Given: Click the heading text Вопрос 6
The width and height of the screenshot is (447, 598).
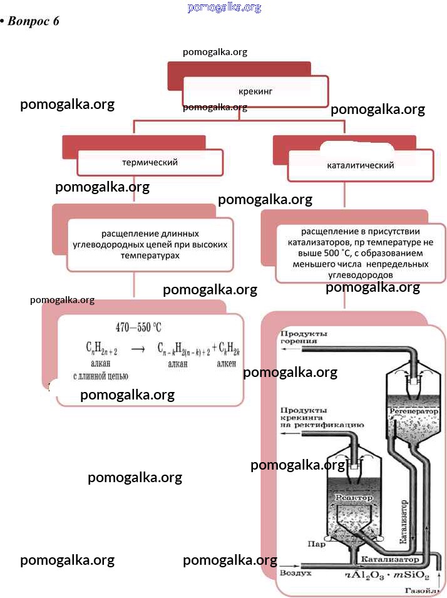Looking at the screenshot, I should click(x=34, y=21).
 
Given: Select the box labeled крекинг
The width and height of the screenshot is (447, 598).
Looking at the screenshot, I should click(x=255, y=91).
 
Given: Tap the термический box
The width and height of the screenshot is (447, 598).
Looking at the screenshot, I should click(x=150, y=162).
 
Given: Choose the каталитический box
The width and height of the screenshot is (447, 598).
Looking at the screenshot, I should click(x=361, y=166).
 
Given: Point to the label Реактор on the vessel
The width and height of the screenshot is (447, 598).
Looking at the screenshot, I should click(x=354, y=498).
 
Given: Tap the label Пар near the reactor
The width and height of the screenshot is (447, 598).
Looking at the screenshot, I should click(x=317, y=544).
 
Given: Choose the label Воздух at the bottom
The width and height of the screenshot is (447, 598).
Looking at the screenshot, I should click(x=295, y=572).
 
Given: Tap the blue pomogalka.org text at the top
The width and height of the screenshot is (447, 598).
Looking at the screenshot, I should click(x=223, y=8).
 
